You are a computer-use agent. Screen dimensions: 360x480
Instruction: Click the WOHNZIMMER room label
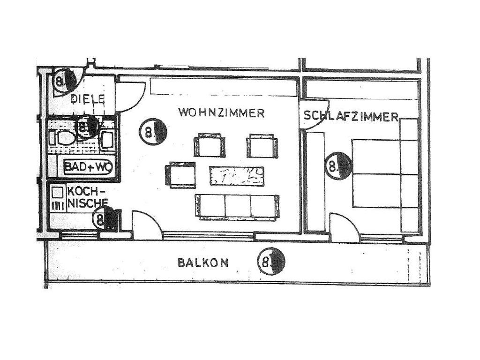[x=222, y=113]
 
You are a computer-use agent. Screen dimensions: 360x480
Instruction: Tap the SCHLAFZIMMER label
[x=351, y=116]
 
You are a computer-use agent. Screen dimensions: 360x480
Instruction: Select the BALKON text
[x=203, y=262]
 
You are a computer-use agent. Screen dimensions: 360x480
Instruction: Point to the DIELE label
[x=87, y=99]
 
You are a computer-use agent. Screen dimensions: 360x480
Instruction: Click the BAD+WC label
[x=85, y=166]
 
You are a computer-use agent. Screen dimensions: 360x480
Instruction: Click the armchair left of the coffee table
[x=180, y=175]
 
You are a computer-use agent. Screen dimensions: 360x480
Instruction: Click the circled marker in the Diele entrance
[x=65, y=82]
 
